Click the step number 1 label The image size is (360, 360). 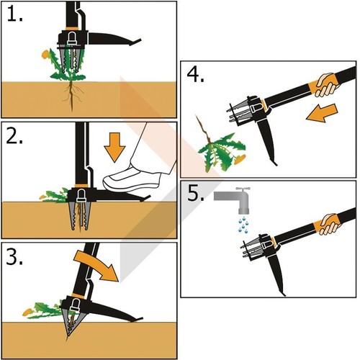coord(15,14)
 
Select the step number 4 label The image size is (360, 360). coord(196,74)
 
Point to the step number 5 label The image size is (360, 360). coord(196,193)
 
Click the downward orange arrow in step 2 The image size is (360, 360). coord(114,148)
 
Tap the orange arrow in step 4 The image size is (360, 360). coord(322,113)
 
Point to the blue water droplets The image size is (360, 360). coord(243,225)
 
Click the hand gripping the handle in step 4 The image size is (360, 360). coord(326,85)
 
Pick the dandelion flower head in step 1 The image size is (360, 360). coord(45,54)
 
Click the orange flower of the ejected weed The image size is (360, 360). coord(240,159)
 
